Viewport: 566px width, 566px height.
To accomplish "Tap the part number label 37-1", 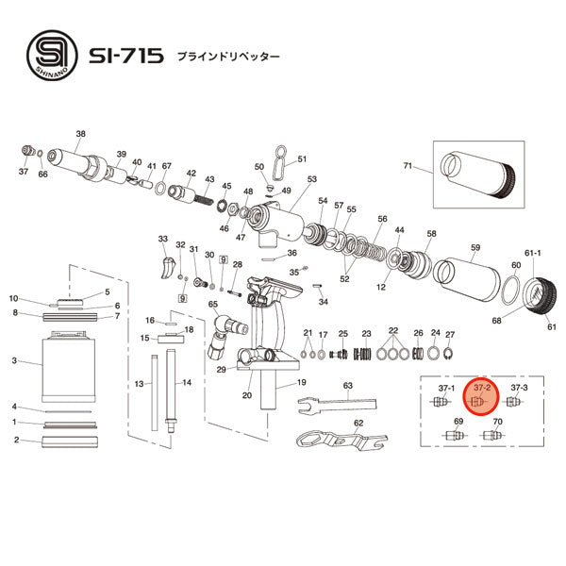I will (446, 388).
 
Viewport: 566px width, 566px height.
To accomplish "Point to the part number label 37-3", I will (518, 388).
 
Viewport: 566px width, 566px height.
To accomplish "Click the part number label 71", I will (408, 166).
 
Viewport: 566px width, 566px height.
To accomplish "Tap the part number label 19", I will (302, 383).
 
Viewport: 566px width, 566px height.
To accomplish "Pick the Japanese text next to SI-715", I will (228, 57).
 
